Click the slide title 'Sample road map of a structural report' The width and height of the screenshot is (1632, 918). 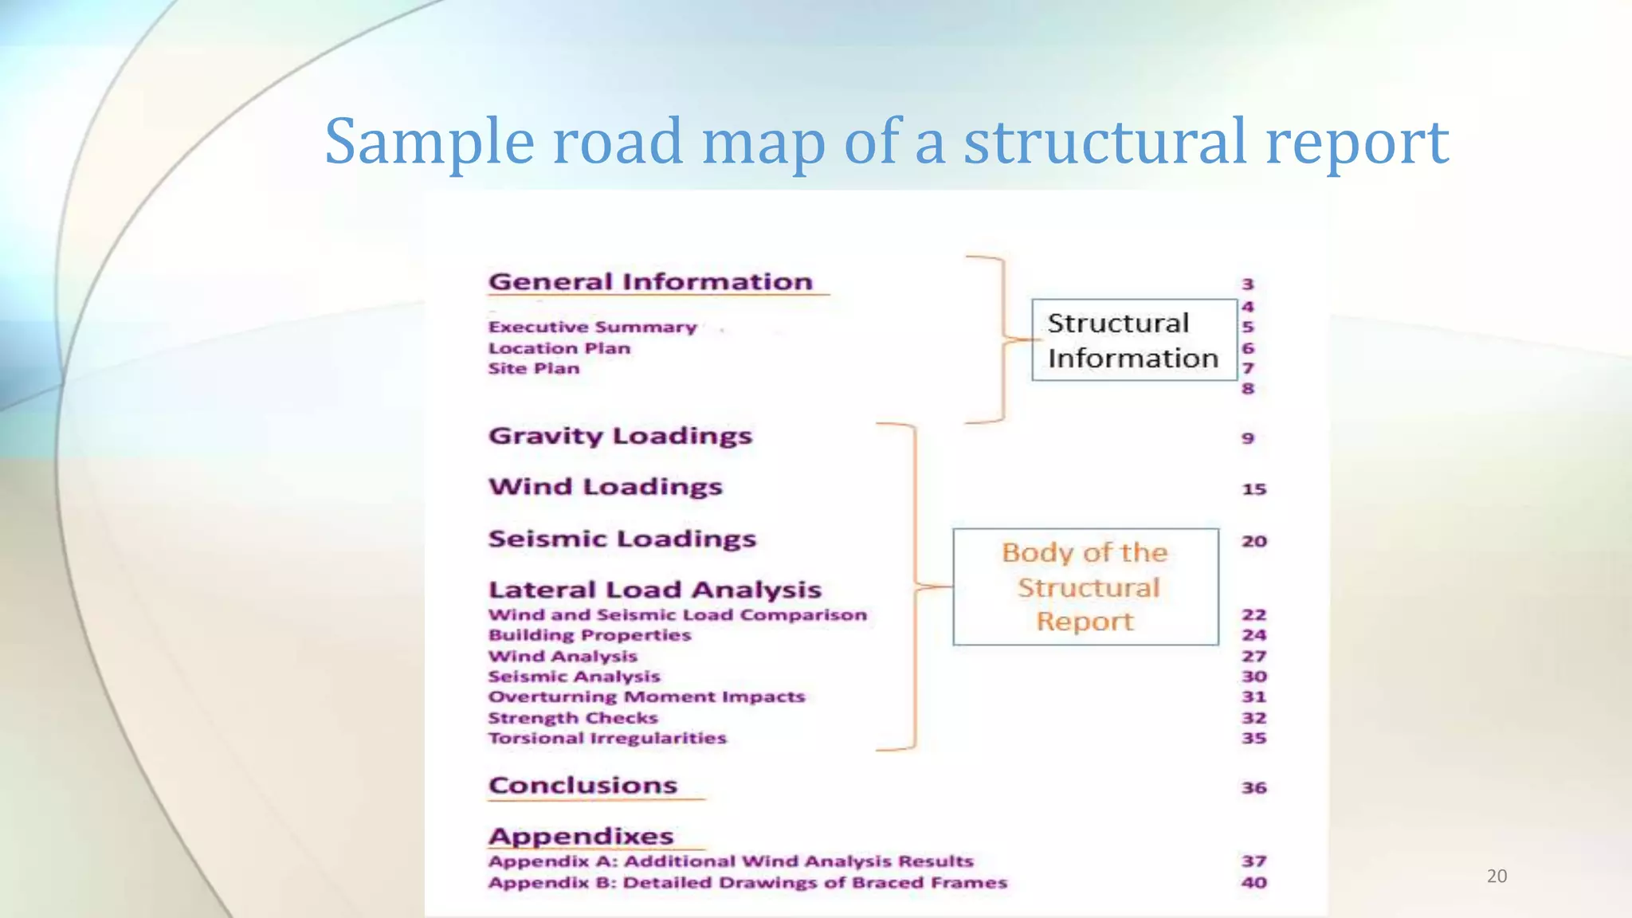click(x=886, y=141)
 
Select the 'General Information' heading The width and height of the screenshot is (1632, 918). click(x=650, y=282)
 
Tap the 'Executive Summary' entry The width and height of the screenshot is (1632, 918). click(x=592, y=328)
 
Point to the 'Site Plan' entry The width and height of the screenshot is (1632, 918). click(x=534, y=368)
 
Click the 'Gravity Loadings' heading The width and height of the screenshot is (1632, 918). click(x=620, y=437)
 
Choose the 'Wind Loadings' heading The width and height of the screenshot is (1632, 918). click(x=606, y=487)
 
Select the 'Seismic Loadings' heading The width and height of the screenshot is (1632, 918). click(x=622, y=539)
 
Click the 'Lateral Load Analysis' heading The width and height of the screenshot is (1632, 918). click(x=654, y=590)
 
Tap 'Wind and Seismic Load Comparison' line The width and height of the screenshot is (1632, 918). click(x=677, y=615)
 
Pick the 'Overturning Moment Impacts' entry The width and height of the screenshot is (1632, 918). click(x=646, y=697)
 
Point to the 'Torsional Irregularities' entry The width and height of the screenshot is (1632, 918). click(x=607, y=739)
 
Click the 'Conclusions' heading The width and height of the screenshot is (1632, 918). click(x=583, y=786)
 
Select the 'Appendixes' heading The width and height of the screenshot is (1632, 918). click(x=581, y=837)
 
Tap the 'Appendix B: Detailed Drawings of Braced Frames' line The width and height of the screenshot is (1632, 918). click(x=747, y=883)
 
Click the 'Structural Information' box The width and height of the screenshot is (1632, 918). click(x=1133, y=340)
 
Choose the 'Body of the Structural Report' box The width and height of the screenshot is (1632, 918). click(x=1085, y=586)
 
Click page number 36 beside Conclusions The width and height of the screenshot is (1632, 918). click(x=1253, y=788)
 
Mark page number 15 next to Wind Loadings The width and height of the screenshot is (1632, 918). click(x=1253, y=489)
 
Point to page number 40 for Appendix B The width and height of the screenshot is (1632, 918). click(x=1253, y=883)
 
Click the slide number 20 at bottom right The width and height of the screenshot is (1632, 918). click(x=1497, y=877)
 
